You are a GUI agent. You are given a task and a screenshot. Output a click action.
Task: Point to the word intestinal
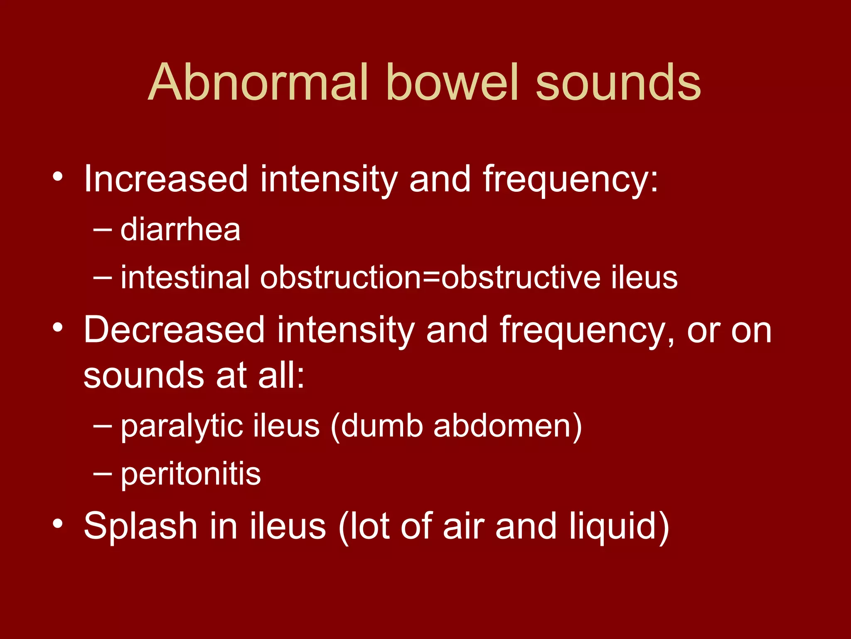pyautogui.click(x=185, y=277)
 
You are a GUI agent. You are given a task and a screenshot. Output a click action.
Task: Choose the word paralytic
pyautogui.click(x=182, y=426)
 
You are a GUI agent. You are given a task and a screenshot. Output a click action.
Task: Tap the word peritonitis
pyautogui.click(x=191, y=474)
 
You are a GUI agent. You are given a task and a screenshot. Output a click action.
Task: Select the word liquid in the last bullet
pyautogui.click(x=619, y=526)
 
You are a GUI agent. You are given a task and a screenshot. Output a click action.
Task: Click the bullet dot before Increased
pyautogui.click(x=58, y=176)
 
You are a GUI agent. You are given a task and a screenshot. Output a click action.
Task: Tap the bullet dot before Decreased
pyautogui.click(x=58, y=327)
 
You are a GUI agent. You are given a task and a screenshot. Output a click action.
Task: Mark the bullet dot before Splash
pyautogui.click(x=58, y=523)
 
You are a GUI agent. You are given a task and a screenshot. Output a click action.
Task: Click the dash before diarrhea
pyautogui.click(x=103, y=229)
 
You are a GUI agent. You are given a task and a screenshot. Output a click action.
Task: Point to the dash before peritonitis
pyautogui.click(x=103, y=473)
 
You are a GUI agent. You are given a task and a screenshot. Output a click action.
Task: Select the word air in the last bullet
pyautogui.click(x=463, y=526)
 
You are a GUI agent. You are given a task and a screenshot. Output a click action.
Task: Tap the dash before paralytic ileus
pyautogui.click(x=103, y=426)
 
